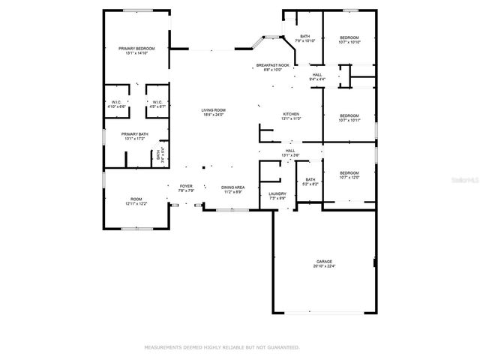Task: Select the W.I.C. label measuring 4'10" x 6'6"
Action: click(x=117, y=104)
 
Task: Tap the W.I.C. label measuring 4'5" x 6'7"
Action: click(x=157, y=104)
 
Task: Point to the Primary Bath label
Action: click(x=136, y=136)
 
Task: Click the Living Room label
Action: click(x=213, y=112)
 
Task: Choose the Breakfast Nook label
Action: click(x=268, y=67)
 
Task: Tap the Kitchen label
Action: click(x=291, y=116)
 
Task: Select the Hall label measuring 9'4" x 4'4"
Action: click(x=317, y=76)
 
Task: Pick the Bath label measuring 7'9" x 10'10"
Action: click(x=305, y=39)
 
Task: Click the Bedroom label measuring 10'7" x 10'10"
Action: click(x=349, y=40)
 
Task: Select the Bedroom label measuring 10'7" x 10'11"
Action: click(x=349, y=118)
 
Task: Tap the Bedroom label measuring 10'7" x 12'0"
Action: click(x=349, y=175)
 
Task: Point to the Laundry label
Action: click(x=277, y=196)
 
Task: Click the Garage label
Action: click(x=323, y=263)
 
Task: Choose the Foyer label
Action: click(x=186, y=188)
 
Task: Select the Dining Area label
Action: click(x=232, y=190)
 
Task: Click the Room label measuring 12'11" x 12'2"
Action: click(x=136, y=201)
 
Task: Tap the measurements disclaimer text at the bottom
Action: click(x=221, y=347)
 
